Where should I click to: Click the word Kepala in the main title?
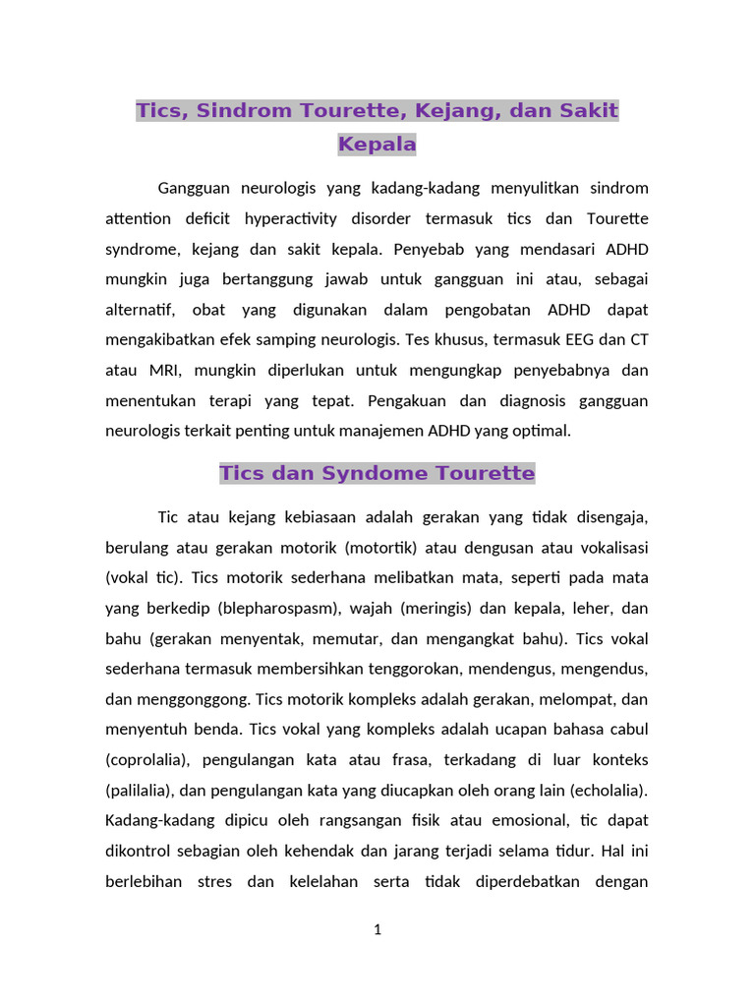tap(377, 145)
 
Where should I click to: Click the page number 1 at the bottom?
tap(377, 929)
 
